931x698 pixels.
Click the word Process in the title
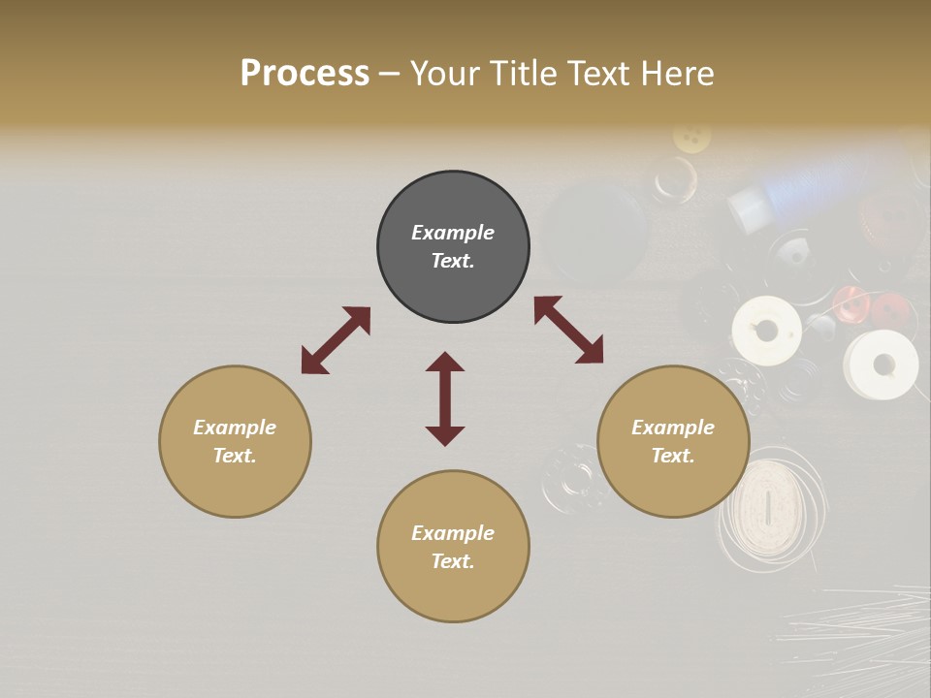tap(305, 74)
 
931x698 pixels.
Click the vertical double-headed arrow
tap(445, 398)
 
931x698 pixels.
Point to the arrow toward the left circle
tap(336, 340)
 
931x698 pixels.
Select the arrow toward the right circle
tap(568, 330)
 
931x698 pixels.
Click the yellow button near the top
tap(691, 138)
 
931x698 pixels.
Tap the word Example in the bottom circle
tap(453, 533)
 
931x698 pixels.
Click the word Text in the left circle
tap(235, 456)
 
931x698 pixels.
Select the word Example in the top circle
tap(453, 233)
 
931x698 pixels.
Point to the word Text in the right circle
tap(673, 456)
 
